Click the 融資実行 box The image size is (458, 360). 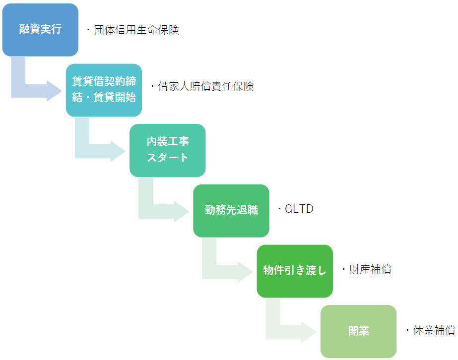[40, 29]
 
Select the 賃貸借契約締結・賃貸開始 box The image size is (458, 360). [104, 90]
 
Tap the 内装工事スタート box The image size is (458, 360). [167, 150]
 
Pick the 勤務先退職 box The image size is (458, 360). [231, 210]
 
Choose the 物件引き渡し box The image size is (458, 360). [294, 271]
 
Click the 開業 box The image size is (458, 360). [358, 331]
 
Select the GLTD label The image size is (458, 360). [299, 209]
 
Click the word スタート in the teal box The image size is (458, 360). [167, 158]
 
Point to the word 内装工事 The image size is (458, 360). [167, 142]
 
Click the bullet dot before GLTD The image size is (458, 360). [279, 209]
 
